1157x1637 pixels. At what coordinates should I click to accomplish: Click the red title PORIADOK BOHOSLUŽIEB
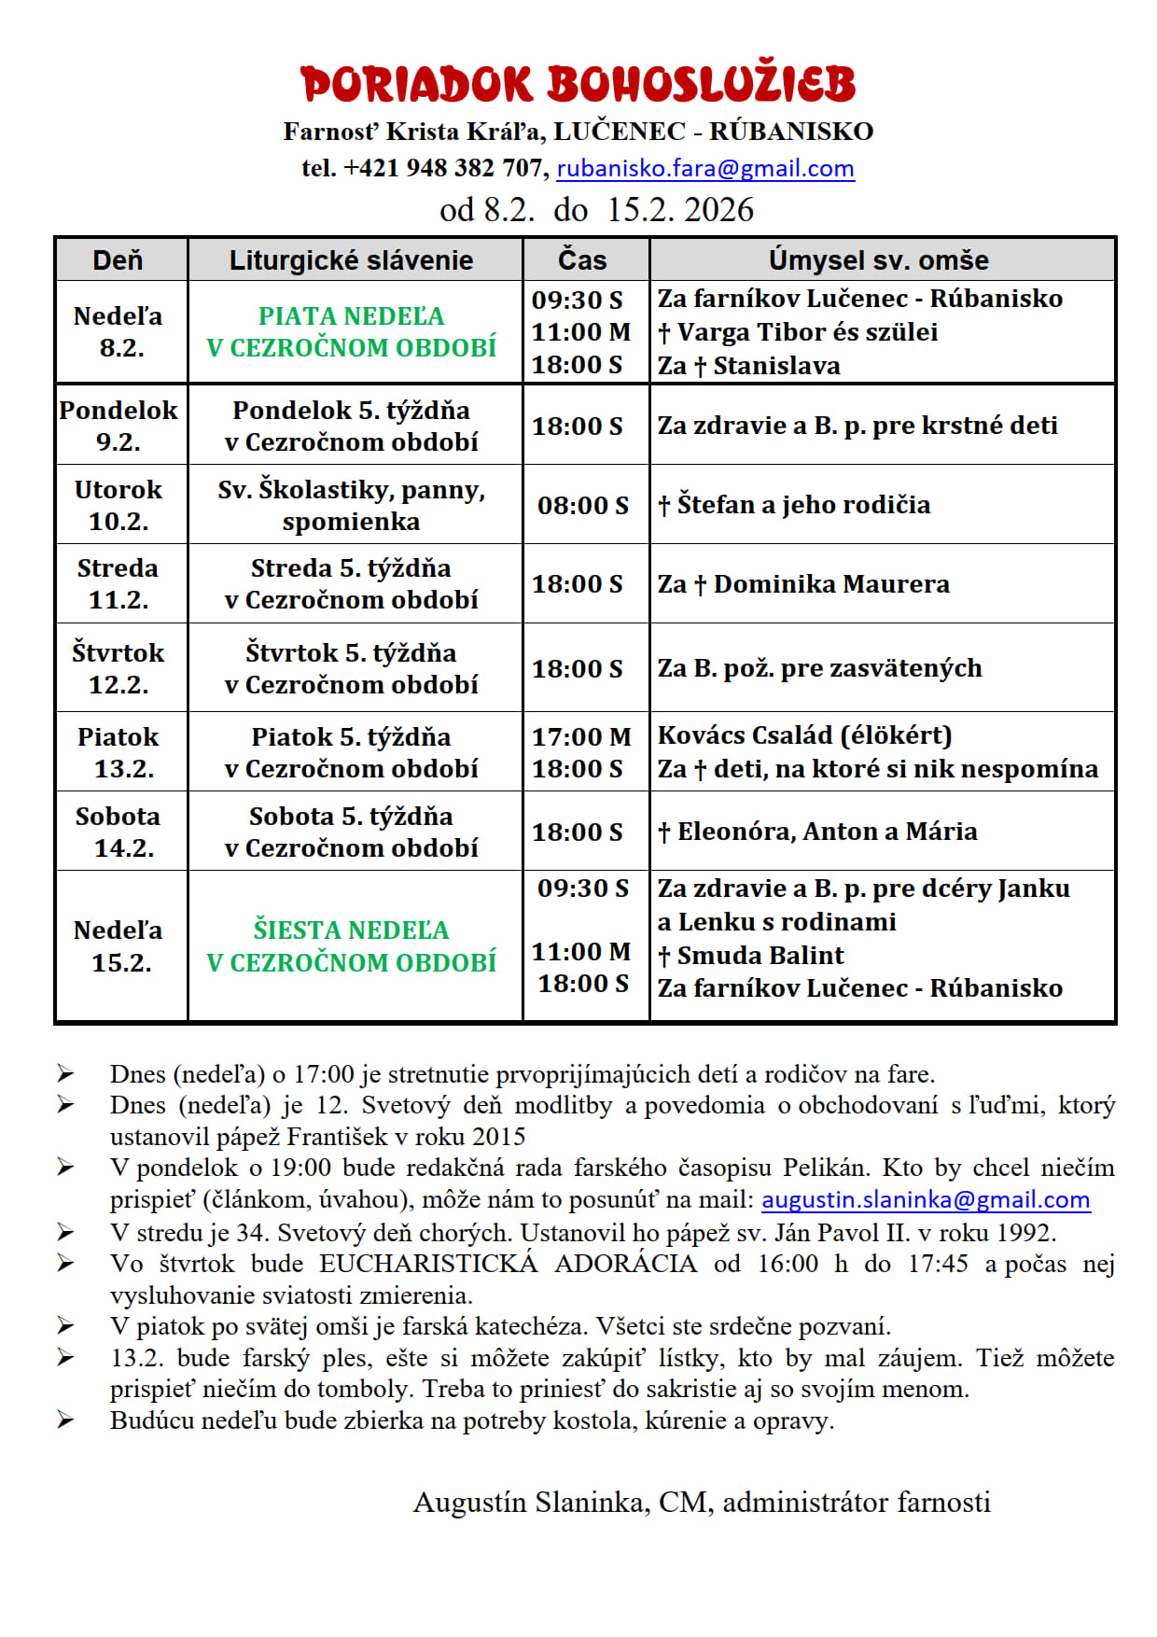[578, 84]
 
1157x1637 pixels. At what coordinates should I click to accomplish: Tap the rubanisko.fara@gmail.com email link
[704, 169]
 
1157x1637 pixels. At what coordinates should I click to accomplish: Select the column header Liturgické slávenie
[352, 260]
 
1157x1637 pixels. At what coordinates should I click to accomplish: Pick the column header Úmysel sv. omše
[878, 260]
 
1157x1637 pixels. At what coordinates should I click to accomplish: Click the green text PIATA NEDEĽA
[352, 316]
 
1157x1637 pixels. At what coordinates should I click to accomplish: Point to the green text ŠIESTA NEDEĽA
[352, 930]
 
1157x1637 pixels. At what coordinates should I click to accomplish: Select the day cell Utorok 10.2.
[118, 505]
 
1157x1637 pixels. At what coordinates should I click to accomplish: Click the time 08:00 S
[583, 506]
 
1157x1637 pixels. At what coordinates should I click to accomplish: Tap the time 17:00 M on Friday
[581, 736]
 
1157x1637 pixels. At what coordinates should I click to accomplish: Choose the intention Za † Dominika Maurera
[803, 584]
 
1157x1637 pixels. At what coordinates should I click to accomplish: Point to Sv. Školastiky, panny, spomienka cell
[352, 505]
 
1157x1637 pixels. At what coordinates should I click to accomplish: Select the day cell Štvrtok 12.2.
[118, 668]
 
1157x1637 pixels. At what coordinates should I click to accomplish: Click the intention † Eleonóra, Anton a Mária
[817, 832]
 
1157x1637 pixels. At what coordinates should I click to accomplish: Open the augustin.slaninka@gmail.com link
[926, 1200]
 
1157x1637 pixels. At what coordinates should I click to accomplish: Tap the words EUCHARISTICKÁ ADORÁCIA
[508, 1264]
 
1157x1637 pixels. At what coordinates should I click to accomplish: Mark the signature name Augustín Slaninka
[531, 1503]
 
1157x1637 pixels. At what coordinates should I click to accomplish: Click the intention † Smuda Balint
[751, 956]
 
